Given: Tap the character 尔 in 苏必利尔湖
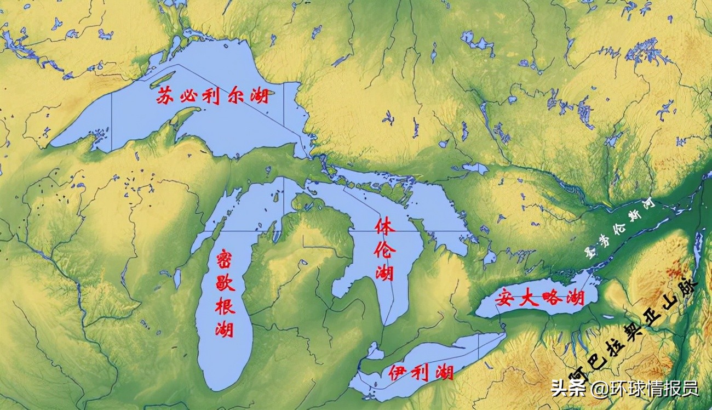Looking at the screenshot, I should (x=236, y=97).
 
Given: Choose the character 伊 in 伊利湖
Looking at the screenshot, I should (x=398, y=373).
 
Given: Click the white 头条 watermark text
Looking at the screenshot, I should (x=565, y=389).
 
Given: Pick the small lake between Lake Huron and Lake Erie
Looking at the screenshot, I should (x=375, y=351).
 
